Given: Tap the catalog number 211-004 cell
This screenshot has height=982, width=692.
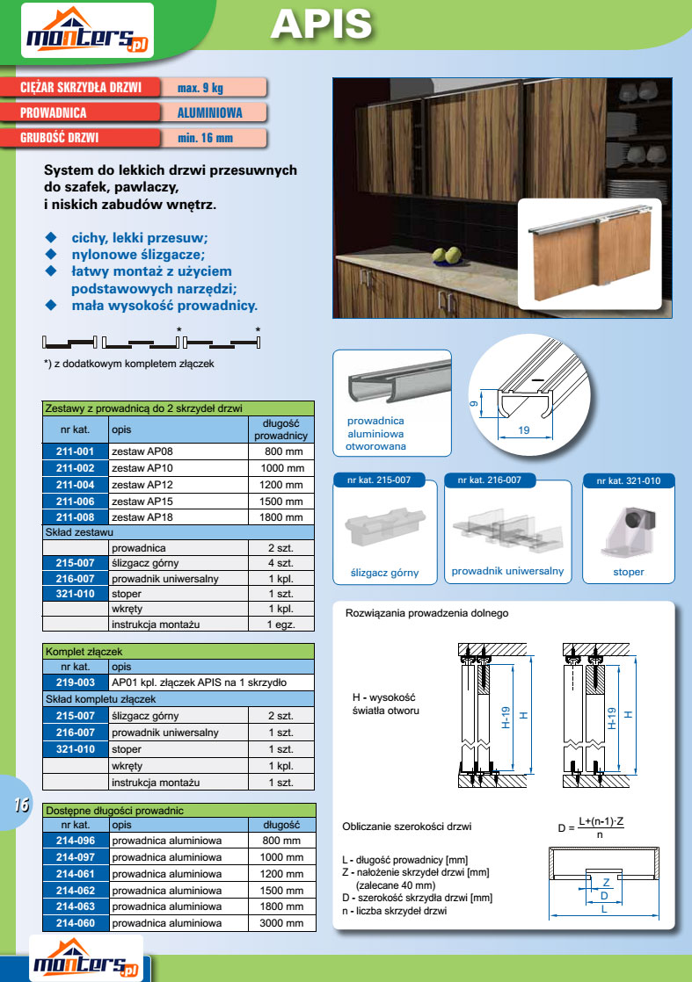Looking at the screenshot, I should pyautogui.click(x=76, y=485).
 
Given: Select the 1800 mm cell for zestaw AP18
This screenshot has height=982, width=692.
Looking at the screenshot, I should pyautogui.click(x=280, y=516).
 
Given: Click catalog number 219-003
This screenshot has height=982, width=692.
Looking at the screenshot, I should pyautogui.click(x=76, y=682).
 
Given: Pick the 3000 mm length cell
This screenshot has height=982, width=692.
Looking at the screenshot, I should pyautogui.click(x=280, y=923).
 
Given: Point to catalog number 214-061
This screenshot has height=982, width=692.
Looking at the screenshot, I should pyautogui.click(x=76, y=874).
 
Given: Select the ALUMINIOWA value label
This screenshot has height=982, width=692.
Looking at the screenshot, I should pyautogui.click(x=209, y=112).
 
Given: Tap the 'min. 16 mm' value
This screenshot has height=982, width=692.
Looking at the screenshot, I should pyautogui.click(x=205, y=138).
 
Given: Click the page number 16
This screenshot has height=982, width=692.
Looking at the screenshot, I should pyautogui.click(x=21, y=805).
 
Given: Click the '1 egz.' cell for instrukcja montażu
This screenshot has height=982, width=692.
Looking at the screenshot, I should pyautogui.click(x=280, y=625).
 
